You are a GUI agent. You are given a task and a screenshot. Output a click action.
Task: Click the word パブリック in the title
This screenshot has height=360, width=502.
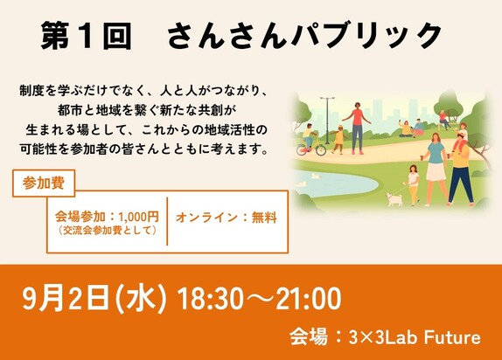tap(366, 36)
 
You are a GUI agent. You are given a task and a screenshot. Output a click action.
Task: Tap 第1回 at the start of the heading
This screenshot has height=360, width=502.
tap(87, 36)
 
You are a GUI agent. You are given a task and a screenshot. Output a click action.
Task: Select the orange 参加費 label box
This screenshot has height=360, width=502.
tap(44, 183)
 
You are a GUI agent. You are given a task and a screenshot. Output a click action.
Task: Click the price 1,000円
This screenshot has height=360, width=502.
tap(139, 217)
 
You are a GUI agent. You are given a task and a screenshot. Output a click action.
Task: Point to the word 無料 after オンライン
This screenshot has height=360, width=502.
tap(264, 218)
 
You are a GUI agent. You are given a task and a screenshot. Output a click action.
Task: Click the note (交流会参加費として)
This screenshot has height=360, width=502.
tap(108, 231)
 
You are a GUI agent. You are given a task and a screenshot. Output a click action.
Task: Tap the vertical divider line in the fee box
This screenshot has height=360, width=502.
tap(167, 221)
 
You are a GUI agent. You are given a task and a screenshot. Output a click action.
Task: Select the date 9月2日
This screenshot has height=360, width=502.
tap(65, 299)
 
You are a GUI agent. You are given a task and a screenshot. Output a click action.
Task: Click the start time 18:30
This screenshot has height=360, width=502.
tap(210, 299)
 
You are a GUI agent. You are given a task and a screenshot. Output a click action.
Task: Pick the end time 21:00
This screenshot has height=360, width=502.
tap(309, 299)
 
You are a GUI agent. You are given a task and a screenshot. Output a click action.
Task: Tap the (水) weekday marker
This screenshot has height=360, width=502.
tap(141, 299)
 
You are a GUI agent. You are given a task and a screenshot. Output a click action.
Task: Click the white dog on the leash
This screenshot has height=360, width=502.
tap(394, 199)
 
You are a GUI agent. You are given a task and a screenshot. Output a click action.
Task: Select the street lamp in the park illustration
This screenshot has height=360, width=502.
tap(327, 120)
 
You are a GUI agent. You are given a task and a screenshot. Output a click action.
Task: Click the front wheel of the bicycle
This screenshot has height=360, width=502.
tap(320, 149)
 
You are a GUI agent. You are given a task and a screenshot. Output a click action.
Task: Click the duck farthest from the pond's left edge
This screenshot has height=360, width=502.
tap(316, 176)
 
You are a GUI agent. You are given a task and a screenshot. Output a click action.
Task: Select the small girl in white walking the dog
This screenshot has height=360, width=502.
tap(413, 184)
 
